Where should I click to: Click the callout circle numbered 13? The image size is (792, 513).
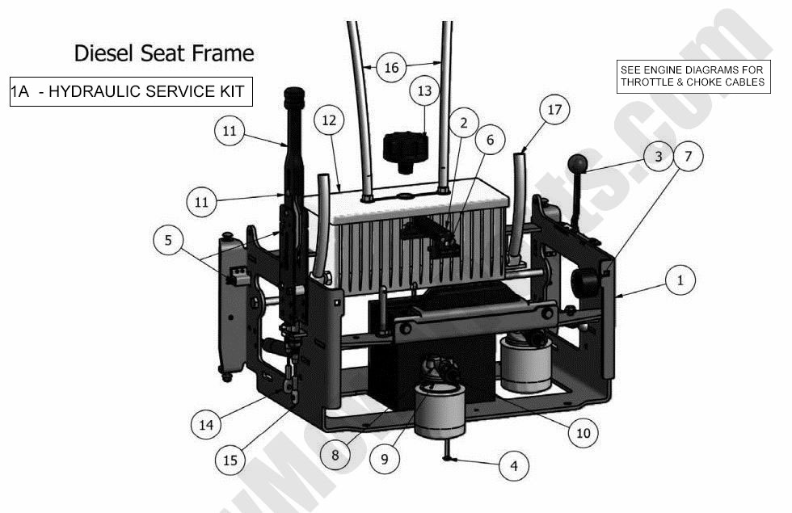coord(425,92)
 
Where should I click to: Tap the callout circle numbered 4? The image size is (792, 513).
coord(513,465)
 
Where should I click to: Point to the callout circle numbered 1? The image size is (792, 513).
coord(680,281)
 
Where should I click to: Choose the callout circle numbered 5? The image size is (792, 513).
coord(168,240)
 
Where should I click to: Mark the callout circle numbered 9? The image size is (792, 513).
coord(385,459)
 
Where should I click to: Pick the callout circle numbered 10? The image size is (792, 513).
coord(583,433)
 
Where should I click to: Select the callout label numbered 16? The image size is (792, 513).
coord(391,68)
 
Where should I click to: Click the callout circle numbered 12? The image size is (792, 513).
coord(328,120)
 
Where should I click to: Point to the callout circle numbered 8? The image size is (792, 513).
coord(335,454)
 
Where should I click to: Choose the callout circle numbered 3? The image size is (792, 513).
coord(659,156)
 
